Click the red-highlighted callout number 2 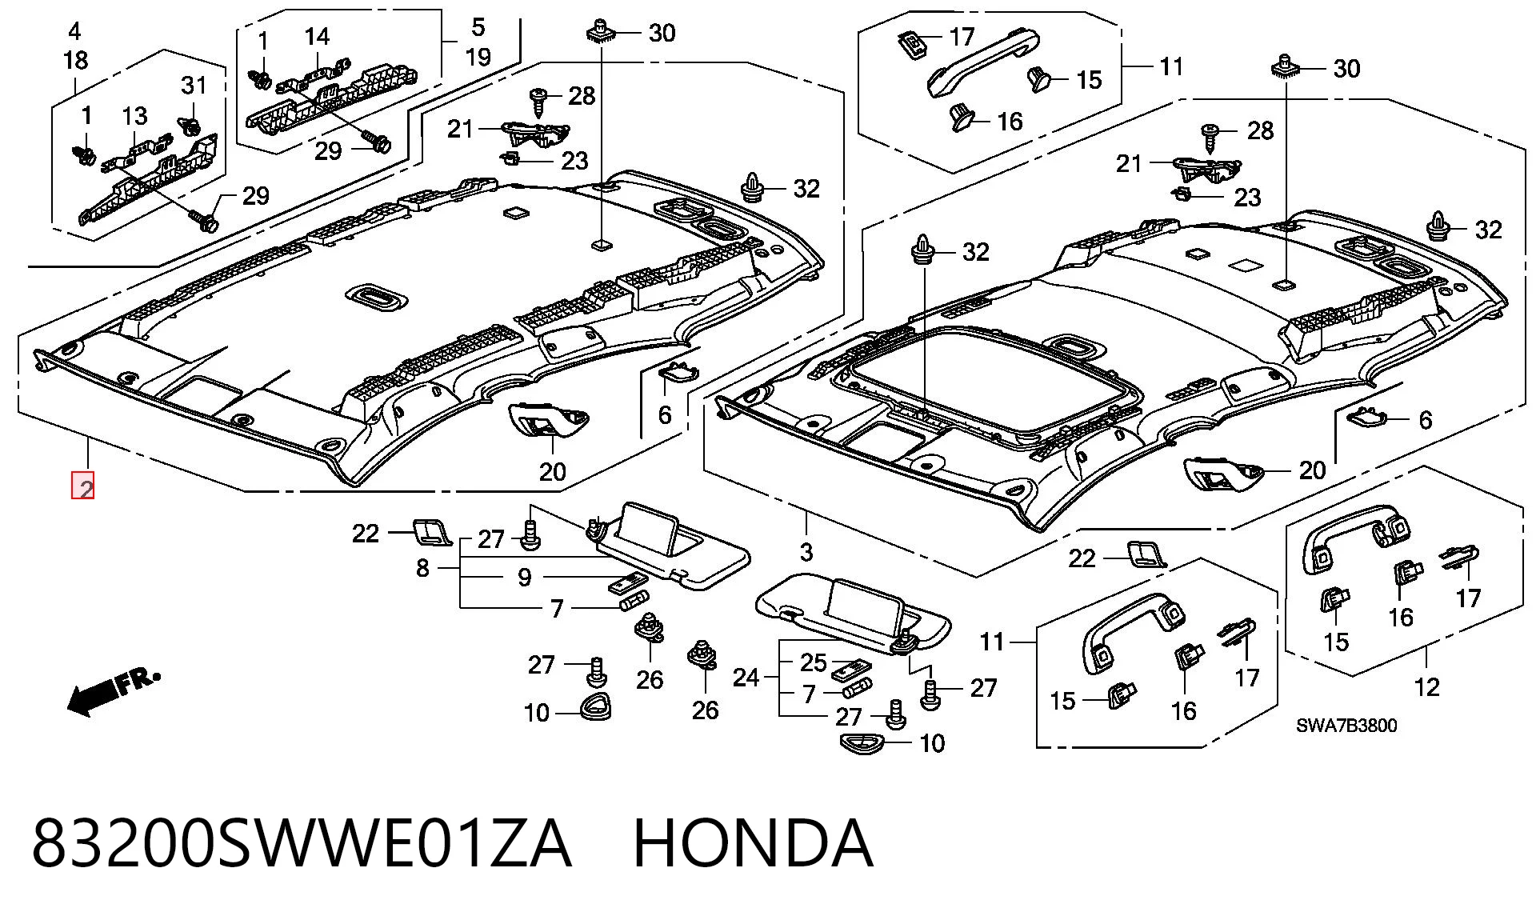(83, 486)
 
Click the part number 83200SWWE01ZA (302, 843)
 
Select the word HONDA (753, 843)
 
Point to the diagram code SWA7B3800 (1346, 726)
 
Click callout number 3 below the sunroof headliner (806, 552)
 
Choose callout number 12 (1426, 686)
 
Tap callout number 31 (194, 85)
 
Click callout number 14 (317, 36)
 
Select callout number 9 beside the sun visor (524, 577)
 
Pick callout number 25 (814, 662)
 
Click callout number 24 (746, 678)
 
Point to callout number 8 (422, 568)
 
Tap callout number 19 (478, 57)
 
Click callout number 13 (135, 116)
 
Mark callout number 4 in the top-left (74, 32)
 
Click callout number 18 (75, 60)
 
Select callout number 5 (478, 27)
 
